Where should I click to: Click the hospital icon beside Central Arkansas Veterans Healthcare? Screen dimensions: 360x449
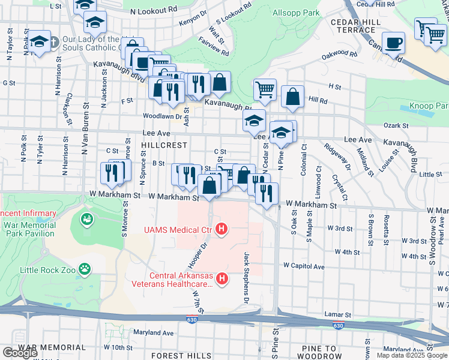pyautogui.click(x=222, y=278)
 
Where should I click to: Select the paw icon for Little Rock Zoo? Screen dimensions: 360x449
pyautogui.click(x=86, y=270)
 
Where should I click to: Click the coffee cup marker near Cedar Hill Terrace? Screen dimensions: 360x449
pyautogui.click(x=394, y=43)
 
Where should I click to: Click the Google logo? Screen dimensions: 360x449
pyautogui.click(x=20, y=352)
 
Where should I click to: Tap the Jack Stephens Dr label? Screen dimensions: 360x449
pyautogui.click(x=246, y=277)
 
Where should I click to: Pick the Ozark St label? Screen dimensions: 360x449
pyautogui.click(x=396, y=126)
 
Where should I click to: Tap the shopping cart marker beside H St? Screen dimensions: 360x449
pyautogui.click(x=265, y=90)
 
